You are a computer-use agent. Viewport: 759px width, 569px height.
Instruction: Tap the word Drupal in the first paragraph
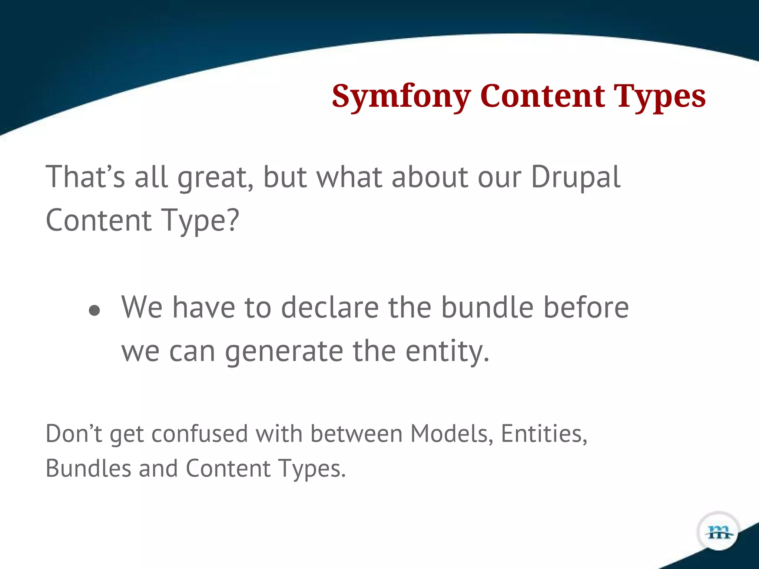575,177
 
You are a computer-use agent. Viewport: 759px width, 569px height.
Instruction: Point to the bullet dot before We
95,310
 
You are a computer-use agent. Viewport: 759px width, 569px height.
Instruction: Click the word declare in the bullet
330,307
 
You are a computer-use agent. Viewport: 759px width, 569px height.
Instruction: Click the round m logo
718,532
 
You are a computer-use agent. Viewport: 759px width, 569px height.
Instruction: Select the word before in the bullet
586,307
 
